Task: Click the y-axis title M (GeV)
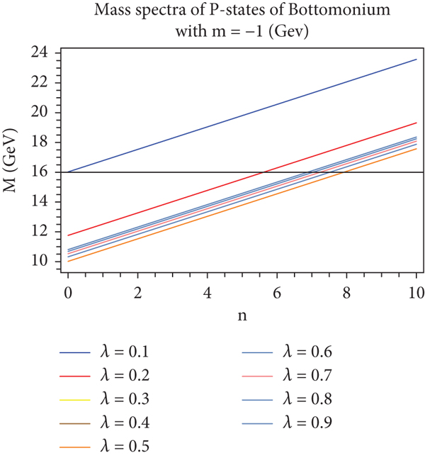pos(17,162)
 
